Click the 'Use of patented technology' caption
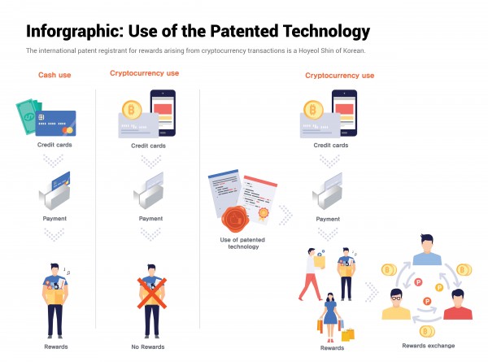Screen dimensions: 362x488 pos(239,243)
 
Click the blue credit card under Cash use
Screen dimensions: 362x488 pos(57,123)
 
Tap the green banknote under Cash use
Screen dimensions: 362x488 pos(28,114)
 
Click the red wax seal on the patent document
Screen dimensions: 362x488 pos(237,217)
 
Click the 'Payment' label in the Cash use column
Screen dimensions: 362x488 pos(54,219)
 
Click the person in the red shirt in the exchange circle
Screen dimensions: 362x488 pos(457,303)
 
